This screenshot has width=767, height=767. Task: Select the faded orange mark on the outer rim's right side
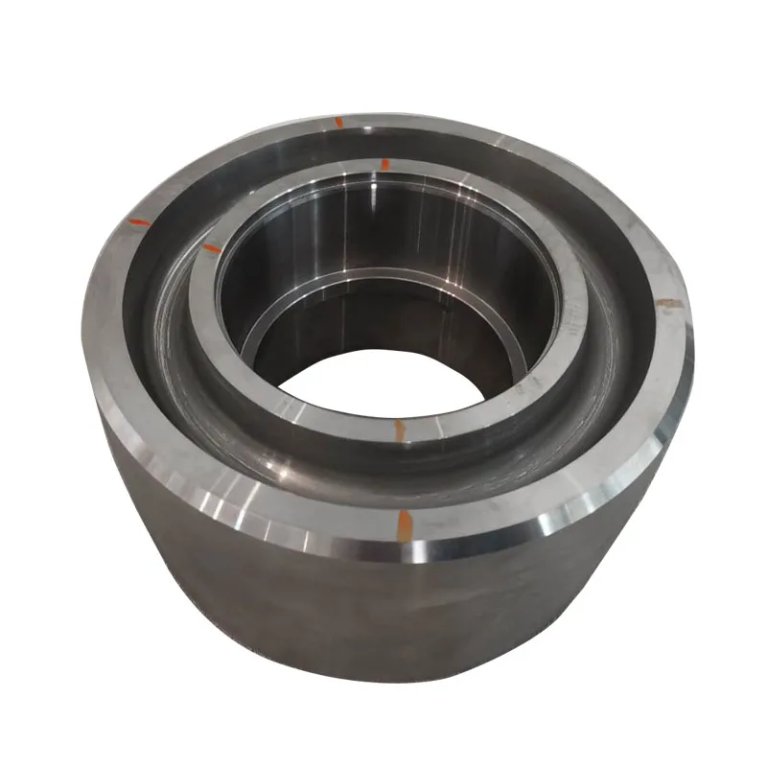tap(668, 304)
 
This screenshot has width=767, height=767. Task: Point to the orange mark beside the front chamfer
tap(404, 523)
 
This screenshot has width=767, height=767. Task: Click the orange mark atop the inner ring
tap(384, 164)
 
